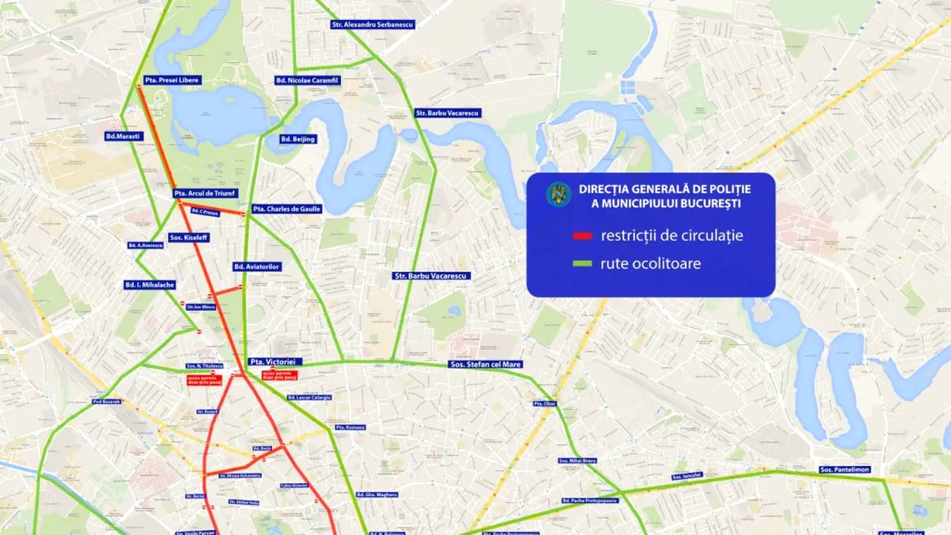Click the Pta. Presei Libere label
[172, 80]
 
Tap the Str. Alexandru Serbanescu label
[372, 25]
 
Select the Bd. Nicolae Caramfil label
[308, 80]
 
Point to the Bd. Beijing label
[298, 139]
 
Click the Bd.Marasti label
[124, 136]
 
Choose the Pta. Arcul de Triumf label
[205, 193]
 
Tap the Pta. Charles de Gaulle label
[287, 209]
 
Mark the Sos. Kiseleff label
[189, 238]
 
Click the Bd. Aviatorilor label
[257, 266]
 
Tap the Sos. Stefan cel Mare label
[486, 364]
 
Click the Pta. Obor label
[545, 403]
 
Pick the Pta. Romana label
[350, 427]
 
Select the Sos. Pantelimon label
[844, 470]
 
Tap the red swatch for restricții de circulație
[582, 236]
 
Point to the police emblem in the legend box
[558, 195]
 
